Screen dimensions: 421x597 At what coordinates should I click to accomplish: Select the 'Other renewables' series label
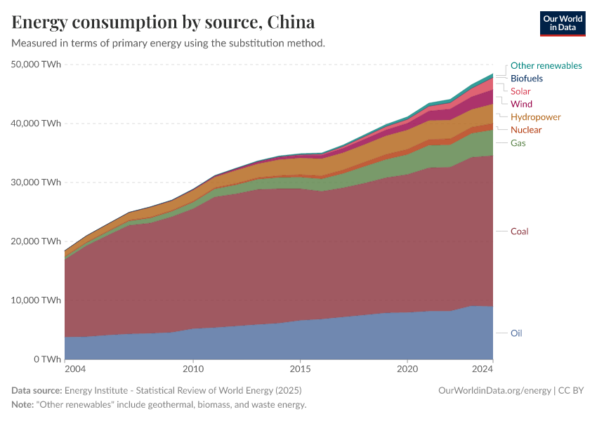[546, 65]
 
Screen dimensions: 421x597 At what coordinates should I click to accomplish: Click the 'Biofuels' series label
[526, 79]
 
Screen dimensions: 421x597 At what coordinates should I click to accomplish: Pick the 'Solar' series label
[520, 91]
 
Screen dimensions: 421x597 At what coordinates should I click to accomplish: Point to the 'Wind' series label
[521, 104]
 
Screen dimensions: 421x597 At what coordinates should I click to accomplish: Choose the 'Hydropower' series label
[535, 116]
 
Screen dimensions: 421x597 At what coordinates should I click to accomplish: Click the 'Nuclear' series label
[526, 130]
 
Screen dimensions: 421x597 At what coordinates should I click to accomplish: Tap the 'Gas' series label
[518, 143]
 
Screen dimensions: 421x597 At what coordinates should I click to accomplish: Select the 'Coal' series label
[519, 232]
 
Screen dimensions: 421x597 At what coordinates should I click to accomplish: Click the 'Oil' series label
[516, 333]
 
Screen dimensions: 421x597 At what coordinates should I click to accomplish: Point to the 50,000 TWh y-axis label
[37, 65]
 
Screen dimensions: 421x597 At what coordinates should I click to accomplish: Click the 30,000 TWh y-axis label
[37, 182]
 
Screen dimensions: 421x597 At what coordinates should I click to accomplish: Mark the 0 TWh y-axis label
[46, 359]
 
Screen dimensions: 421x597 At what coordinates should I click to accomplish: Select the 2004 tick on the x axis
[75, 369]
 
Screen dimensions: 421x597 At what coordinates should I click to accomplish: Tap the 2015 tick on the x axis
[300, 369]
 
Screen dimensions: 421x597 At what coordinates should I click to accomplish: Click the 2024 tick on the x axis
[482, 369]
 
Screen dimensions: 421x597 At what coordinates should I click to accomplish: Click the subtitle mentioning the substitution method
[169, 44]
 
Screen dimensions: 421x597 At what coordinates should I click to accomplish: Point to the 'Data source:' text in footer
[37, 390]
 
